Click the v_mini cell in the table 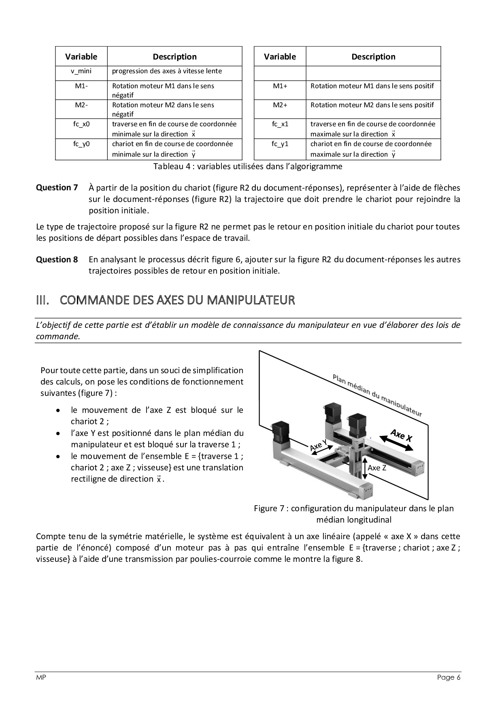pos(81,71)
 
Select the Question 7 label pos(57,187)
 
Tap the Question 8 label pos(57,259)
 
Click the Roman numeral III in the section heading pos(43,300)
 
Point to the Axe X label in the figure pos(401,435)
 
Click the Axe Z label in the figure pos(377,468)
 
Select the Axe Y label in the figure pos(318,445)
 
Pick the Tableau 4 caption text pos(247,166)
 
